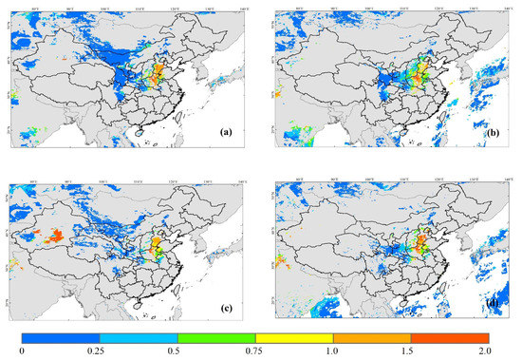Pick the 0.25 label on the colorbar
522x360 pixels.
click(x=100, y=353)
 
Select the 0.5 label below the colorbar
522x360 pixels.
click(x=177, y=353)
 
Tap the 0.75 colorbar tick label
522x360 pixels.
click(x=255, y=353)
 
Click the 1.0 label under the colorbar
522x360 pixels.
click(x=333, y=353)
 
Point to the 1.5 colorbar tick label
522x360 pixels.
click(x=411, y=353)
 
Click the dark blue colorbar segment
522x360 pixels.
click(x=61, y=337)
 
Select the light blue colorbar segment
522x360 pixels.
click(x=139, y=337)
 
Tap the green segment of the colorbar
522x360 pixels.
click(x=216, y=337)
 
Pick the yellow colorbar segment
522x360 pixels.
click(x=294, y=337)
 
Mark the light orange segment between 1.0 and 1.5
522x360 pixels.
click(x=372, y=337)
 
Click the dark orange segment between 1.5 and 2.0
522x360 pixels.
click(x=450, y=337)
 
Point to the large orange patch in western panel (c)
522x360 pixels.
click(x=52, y=234)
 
